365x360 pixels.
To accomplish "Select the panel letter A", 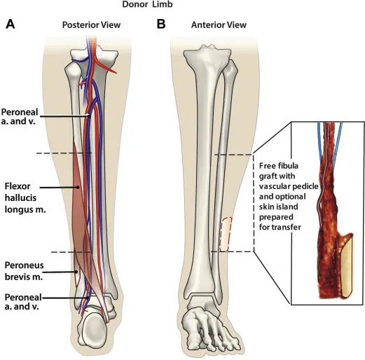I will coord(10,25).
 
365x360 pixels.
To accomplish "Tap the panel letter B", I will coord(161,25).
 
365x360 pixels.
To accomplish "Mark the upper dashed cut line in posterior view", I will coord(63,153).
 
